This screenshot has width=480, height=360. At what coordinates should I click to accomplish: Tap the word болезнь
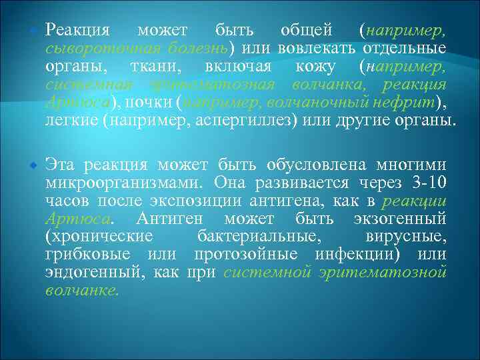coord(198,49)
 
